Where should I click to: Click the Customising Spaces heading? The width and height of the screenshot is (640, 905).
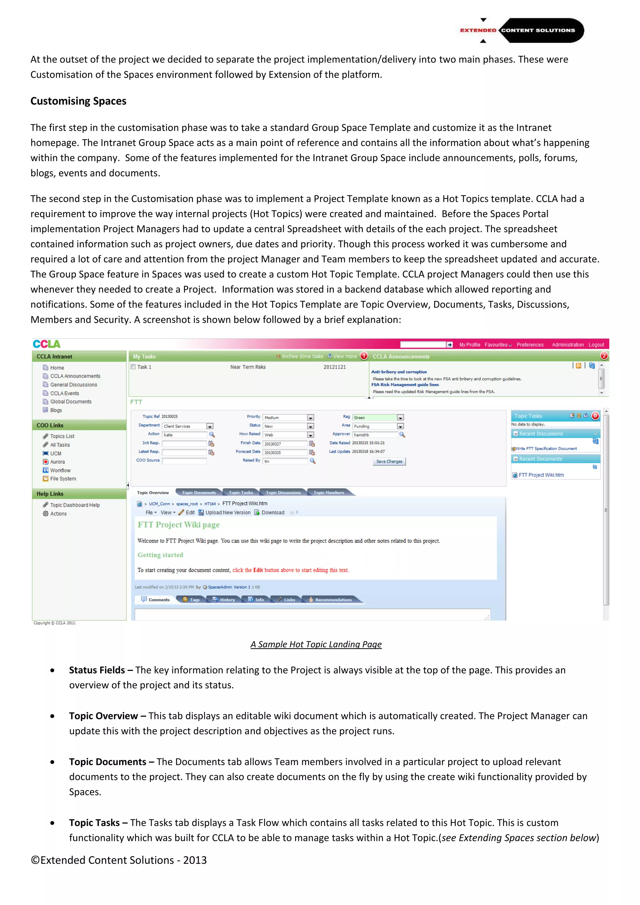tap(78, 101)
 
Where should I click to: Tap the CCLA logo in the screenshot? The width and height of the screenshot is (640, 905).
tap(47, 344)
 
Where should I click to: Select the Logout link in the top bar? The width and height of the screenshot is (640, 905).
tap(596, 345)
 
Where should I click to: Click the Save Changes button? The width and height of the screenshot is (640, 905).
tap(389, 462)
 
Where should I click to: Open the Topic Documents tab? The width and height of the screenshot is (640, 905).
tap(199, 493)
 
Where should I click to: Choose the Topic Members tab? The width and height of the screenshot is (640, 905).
tap(329, 493)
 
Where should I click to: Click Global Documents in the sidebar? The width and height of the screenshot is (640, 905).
tap(71, 402)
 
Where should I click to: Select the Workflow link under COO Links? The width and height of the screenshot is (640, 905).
tap(60, 471)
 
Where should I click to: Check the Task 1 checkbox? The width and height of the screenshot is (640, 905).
tap(133, 367)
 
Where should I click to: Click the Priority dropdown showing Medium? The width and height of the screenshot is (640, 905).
tap(288, 417)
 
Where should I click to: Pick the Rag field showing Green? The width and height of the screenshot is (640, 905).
tap(377, 417)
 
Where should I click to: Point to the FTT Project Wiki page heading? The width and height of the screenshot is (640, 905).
tap(178, 525)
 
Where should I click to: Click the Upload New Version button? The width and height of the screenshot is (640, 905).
tap(227, 513)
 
